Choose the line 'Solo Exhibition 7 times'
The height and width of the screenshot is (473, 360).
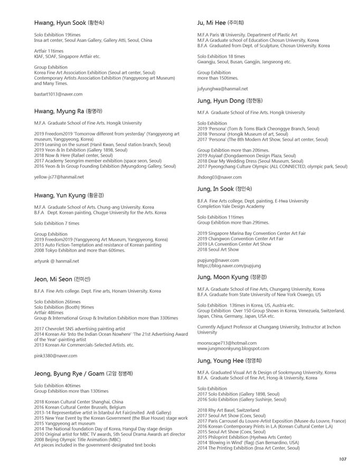56,223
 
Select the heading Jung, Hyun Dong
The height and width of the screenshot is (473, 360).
230,100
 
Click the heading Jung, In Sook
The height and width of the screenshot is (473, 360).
224,188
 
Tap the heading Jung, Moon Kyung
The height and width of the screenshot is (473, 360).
232,277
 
